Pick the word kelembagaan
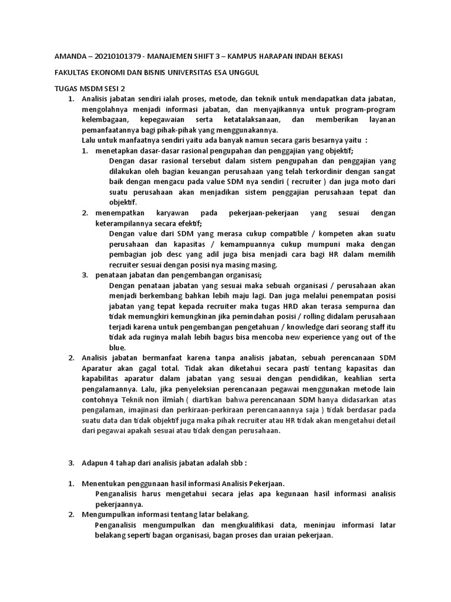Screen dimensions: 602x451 click(106, 120)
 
